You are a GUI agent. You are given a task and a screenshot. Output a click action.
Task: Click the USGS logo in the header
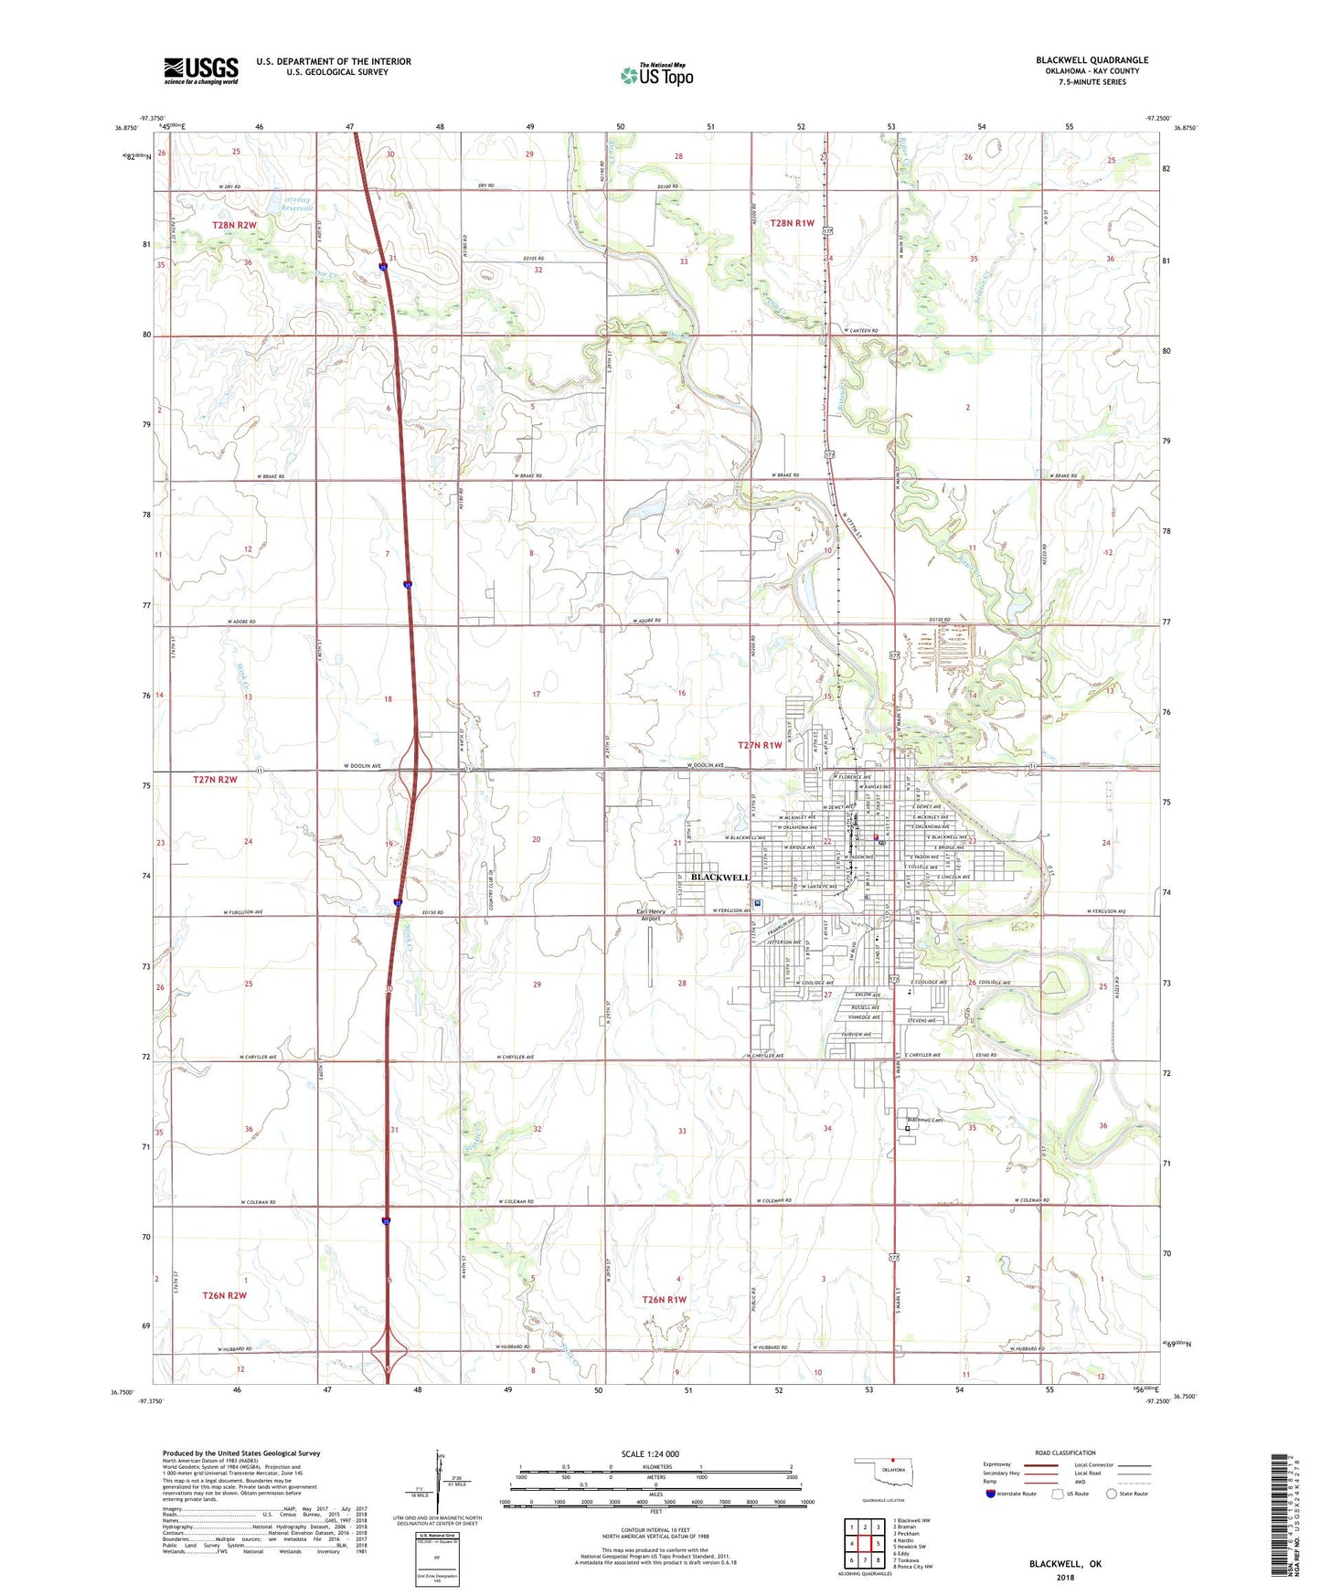click(201, 70)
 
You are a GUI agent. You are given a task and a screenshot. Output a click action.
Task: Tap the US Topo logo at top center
click(656, 74)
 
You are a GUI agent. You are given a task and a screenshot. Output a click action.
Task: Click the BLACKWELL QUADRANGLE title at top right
click(1092, 60)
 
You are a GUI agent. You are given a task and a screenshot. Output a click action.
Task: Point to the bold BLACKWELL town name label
click(720, 878)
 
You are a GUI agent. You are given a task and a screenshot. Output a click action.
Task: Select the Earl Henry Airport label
click(651, 915)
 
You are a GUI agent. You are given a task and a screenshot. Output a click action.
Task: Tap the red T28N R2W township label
click(234, 225)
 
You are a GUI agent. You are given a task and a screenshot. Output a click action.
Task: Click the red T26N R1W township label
click(664, 1299)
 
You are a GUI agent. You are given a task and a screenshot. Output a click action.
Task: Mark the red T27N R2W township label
click(215, 780)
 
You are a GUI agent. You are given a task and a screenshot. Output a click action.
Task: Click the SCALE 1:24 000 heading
click(650, 1454)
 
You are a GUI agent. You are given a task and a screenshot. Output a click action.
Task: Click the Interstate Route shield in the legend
click(992, 1494)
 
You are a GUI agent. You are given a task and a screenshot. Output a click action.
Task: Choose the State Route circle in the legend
click(1112, 1494)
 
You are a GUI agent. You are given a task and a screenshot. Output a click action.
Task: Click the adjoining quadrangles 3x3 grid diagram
click(864, 1546)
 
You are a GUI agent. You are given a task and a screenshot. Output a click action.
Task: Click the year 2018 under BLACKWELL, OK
click(1065, 1577)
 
